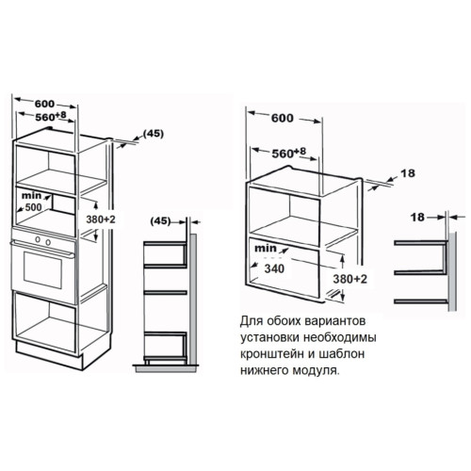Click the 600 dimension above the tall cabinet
click(x=44, y=104)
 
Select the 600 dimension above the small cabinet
click(x=283, y=118)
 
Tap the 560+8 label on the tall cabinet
click(x=51, y=117)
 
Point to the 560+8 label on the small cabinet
click(x=289, y=153)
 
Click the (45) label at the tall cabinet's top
click(x=154, y=134)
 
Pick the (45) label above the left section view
click(x=160, y=221)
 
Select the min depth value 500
click(x=33, y=207)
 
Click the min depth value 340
click(x=274, y=268)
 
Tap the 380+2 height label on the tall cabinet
click(x=101, y=219)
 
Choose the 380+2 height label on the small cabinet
click(x=349, y=279)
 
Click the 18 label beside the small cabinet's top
click(x=408, y=173)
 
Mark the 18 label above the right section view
click(x=417, y=217)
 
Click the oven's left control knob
click(x=38, y=239)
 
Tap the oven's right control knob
click(x=48, y=242)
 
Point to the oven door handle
click(x=42, y=249)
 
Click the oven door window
click(x=43, y=269)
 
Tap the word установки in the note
click(x=270, y=337)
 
